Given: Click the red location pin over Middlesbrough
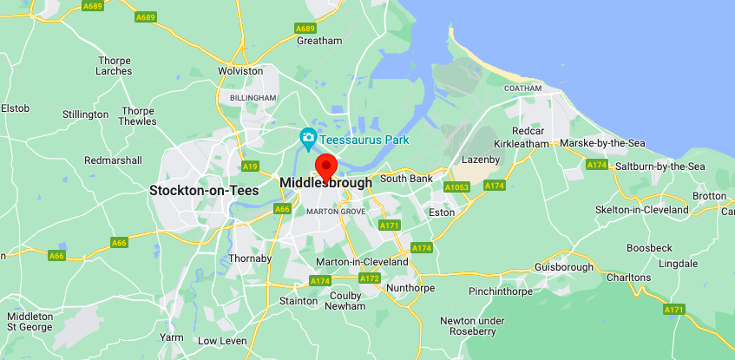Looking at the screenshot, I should [x=326, y=166].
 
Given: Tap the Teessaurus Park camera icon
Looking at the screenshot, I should [x=307, y=138].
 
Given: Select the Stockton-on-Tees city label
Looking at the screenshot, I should [x=204, y=190].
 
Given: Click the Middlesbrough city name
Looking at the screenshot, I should [x=326, y=183].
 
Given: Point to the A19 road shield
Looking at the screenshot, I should [x=251, y=166].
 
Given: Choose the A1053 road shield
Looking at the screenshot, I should [x=456, y=187].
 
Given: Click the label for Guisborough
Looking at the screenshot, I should [x=565, y=266].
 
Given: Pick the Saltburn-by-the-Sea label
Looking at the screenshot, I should [x=659, y=166].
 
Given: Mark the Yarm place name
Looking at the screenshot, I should [x=172, y=337].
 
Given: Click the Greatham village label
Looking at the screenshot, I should [x=319, y=40].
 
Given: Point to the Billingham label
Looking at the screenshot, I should [x=253, y=98].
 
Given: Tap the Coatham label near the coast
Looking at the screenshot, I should [x=523, y=88].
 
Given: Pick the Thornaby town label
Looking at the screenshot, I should [x=250, y=259].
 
